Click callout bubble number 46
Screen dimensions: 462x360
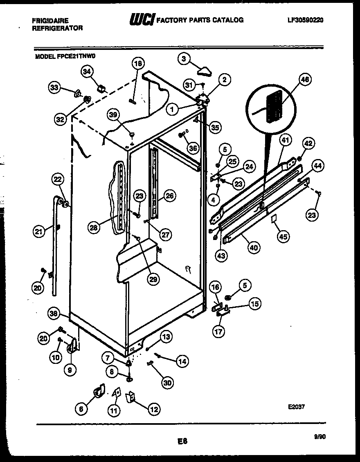[x=305, y=80]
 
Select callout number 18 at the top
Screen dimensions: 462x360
[x=138, y=63]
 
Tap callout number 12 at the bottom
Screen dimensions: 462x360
[x=155, y=408]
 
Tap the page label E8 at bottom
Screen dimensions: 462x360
[x=182, y=441]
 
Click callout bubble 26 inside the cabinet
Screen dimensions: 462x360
[x=169, y=196]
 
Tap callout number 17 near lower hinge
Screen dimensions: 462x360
[x=218, y=331]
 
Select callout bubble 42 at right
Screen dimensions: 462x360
[x=309, y=144]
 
